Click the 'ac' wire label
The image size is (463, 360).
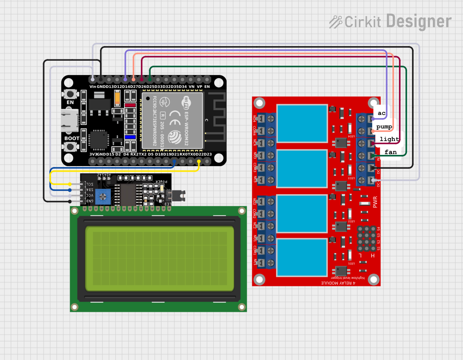click(381, 113)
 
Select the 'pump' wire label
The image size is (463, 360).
click(384, 126)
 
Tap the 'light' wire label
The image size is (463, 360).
click(389, 139)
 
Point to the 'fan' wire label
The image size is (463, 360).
click(390, 152)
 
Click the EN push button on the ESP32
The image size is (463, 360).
click(70, 95)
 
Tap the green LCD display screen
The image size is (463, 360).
click(159, 259)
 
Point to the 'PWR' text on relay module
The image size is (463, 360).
click(375, 202)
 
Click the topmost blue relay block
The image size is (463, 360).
click(302, 124)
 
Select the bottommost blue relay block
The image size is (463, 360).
click(302, 257)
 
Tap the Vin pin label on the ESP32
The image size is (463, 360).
click(92, 86)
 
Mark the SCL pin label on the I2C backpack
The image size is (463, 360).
click(88, 184)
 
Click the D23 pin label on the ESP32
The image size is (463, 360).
click(207, 154)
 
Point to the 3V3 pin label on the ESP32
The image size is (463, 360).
click(93, 154)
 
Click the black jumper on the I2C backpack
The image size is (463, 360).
click(181, 195)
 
